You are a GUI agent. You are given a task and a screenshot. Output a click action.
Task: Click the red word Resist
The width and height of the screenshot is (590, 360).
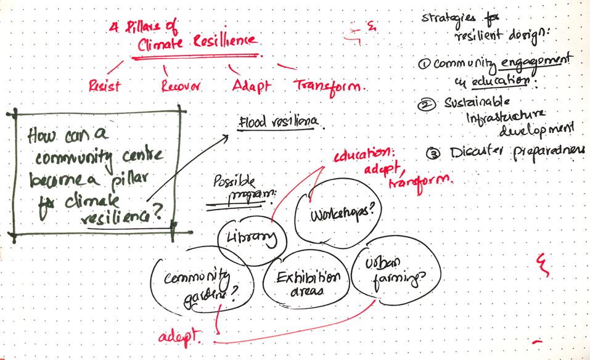(x=104, y=86)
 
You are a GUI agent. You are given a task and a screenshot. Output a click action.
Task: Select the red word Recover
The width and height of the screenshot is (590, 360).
(x=181, y=86)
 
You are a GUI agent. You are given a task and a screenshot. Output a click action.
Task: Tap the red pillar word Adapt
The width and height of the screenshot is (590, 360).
(x=252, y=86)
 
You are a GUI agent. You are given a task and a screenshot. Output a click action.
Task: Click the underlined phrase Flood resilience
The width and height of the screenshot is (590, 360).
(x=277, y=121)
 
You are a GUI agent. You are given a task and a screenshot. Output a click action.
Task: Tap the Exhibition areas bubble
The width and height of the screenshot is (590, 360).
(x=306, y=283)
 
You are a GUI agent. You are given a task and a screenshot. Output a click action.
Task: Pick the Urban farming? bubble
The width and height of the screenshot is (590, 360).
(x=388, y=272)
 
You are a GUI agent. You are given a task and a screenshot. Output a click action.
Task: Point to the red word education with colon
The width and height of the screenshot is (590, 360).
(x=363, y=155)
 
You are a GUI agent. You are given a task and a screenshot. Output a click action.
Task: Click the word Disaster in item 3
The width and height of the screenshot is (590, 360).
(x=477, y=152)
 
